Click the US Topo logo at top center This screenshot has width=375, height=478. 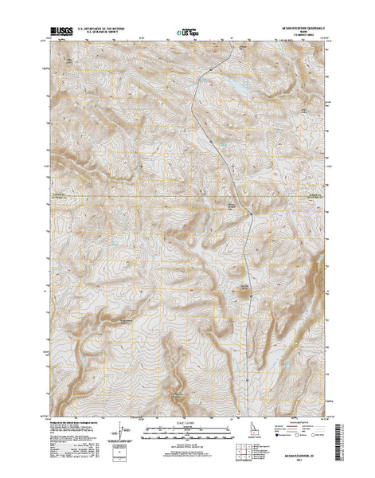pos(188,33)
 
